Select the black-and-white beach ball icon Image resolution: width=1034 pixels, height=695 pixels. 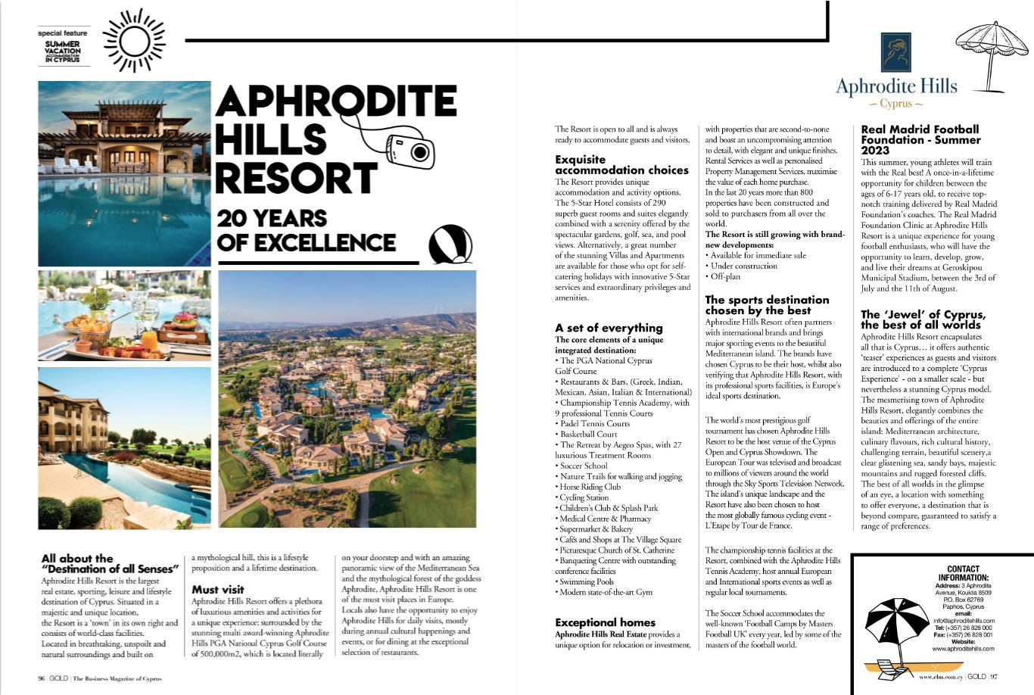tap(450, 245)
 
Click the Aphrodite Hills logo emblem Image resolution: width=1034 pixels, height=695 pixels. tap(895, 52)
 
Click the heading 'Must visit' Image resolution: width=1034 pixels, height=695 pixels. tap(217, 589)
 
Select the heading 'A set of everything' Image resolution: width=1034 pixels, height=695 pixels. tap(609, 328)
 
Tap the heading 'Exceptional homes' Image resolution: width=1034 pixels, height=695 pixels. tap(605, 622)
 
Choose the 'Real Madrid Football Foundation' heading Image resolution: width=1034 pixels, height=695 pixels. tap(920, 139)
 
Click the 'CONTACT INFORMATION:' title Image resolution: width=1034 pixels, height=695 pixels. tap(962, 573)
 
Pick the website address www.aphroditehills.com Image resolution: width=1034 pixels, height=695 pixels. tap(962, 649)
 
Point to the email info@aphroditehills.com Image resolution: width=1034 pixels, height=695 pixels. tap(962, 621)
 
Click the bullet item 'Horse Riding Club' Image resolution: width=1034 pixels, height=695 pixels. tap(590, 487)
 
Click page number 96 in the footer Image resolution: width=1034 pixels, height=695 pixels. tap(42, 678)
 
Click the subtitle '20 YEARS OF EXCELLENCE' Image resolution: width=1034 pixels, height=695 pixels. tap(306, 230)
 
